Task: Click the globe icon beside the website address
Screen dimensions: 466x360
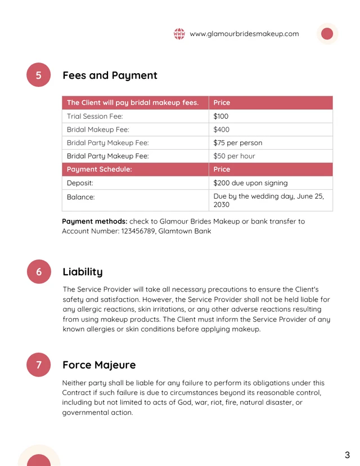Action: tap(179, 34)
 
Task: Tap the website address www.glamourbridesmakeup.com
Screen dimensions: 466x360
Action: tap(244, 34)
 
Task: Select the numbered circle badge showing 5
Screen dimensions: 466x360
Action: tap(39, 75)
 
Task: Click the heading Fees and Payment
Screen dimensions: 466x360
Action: tap(110, 75)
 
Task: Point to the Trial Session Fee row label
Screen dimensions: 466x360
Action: tap(94, 116)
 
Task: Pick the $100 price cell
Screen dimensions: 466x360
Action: tap(221, 116)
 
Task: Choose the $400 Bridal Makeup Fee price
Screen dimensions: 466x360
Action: tap(222, 129)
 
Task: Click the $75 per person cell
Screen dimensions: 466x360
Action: tap(237, 142)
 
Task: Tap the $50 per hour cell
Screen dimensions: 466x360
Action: tap(234, 156)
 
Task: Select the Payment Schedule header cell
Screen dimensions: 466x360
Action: tap(100, 169)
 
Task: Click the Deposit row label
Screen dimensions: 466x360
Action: tap(80, 183)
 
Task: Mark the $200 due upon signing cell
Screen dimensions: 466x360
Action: tap(250, 183)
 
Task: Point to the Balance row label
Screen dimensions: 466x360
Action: tap(81, 197)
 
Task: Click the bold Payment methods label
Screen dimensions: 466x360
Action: tap(94, 221)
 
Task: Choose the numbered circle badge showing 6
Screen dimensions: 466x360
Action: tap(39, 272)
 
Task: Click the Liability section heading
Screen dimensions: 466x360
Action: tap(83, 272)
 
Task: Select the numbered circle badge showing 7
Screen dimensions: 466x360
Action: tap(39, 365)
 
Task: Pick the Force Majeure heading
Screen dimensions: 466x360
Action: tap(99, 365)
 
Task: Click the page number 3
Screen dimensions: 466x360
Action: tap(347, 455)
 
